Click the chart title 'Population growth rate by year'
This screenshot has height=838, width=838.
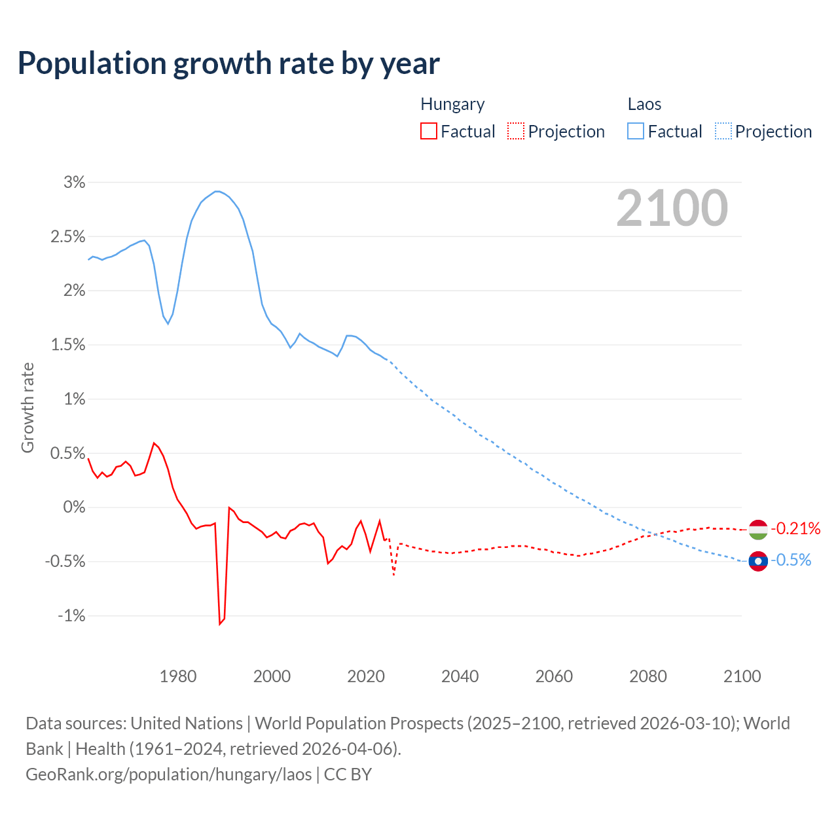click(x=228, y=64)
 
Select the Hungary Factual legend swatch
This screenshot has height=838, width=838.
click(x=428, y=132)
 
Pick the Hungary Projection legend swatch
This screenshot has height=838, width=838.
click(x=516, y=132)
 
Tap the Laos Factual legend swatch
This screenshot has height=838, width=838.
click(x=635, y=132)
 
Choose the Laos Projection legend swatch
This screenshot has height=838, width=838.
click(x=723, y=132)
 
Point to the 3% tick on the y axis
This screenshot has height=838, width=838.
click(x=74, y=183)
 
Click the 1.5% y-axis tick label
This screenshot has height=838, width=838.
click(x=68, y=345)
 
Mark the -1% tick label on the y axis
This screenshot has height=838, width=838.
click(x=71, y=616)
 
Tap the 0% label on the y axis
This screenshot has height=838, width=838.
click(x=74, y=507)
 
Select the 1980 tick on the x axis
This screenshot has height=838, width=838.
click(x=178, y=676)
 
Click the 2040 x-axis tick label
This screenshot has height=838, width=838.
click(x=460, y=676)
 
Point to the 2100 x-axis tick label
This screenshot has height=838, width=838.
click(x=742, y=676)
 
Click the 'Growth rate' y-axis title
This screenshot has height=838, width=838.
click(x=27, y=407)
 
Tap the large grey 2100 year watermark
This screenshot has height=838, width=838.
click(x=672, y=208)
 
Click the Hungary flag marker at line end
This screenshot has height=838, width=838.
click(x=758, y=530)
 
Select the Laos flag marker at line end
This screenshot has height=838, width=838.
click(x=758, y=561)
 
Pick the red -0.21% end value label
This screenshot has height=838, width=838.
click(x=795, y=529)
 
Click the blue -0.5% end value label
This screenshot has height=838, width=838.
click(x=791, y=560)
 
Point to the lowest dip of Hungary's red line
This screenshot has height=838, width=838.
click(x=220, y=624)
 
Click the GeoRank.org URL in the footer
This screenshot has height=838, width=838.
click(x=169, y=774)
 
